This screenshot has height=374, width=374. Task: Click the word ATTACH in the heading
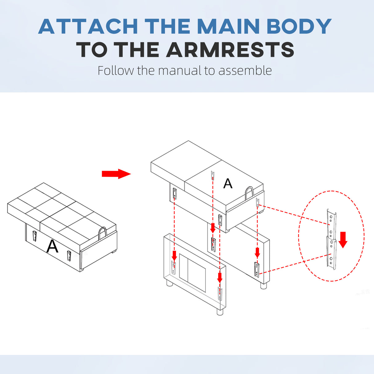coord(88,26)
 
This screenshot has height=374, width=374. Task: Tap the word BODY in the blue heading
coord(299,26)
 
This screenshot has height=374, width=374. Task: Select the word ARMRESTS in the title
coord(230,50)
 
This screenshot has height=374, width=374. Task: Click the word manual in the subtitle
coord(179,71)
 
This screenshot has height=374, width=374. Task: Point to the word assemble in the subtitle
coord(245,71)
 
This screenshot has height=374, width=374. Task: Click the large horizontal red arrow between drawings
coord(116,174)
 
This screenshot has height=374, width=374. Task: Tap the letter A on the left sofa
coord(52,246)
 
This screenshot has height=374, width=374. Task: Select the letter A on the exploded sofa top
coord(228,183)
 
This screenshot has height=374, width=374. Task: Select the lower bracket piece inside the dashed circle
coord(331,253)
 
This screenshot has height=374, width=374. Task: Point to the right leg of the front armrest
coord(220,312)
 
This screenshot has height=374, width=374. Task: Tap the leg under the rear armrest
coord(263,286)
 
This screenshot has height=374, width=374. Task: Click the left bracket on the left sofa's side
coord(35,235)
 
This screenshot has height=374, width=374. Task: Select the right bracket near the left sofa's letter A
coord(69,256)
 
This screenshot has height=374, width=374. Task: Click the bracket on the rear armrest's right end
coord(257,270)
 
